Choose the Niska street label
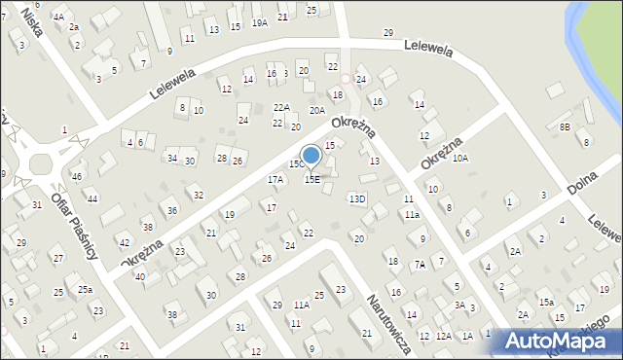tap(31, 22)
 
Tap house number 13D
tap(357, 198)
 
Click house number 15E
tap(312, 179)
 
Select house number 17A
tap(275, 179)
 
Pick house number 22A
tap(281, 107)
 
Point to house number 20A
tap(317, 110)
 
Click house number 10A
tap(460, 157)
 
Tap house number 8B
tap(565, 126)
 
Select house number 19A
tap(259, 22)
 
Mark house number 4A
tap(58, 17)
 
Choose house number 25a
tap(86, 290)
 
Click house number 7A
tap(419, 264)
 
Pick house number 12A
tap(443, 336)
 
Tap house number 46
tap(77, 177)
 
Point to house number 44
tap(92, 198)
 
